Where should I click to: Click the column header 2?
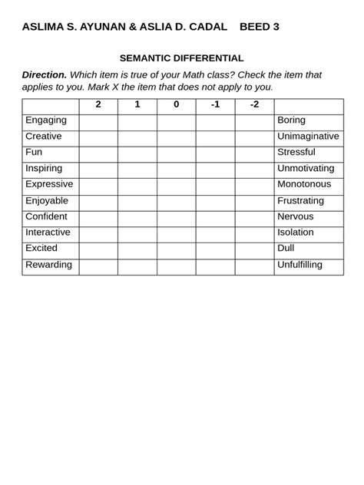tap(98, 105)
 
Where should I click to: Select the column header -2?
tap(254, 105)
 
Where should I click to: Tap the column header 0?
tap(176, 105)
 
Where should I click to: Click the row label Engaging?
tap(46, 120)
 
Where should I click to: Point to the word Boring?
tap(291, 120)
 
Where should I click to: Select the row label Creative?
tap(44, 137)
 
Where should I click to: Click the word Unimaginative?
tap(308, 137)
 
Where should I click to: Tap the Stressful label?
tap(296, 153)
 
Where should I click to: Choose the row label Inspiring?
tap(44, 169)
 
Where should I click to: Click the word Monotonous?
tap(304, 185)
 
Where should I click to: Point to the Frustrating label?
tap(300, 201)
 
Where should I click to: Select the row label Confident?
tap(46, 217)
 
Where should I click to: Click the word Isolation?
tap(296, 233)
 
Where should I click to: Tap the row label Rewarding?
tap(48, 265)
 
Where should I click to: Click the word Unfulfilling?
tap(300, 265)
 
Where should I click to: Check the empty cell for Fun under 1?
tap(137, 153)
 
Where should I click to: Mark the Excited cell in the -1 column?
tap(215, 249)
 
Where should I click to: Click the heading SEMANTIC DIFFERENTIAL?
tap(181, 58)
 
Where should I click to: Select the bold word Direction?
tap(45, 75)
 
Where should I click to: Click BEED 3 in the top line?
tap(260, 27)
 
